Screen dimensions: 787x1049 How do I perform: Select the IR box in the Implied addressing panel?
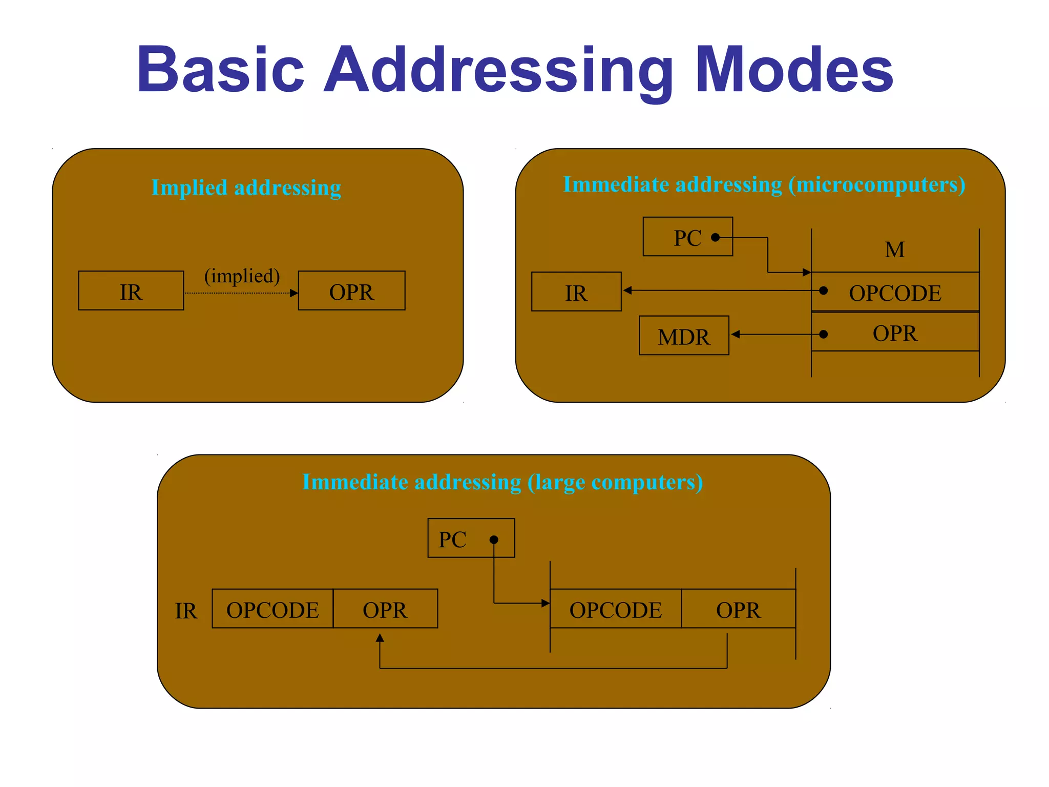(131, 291)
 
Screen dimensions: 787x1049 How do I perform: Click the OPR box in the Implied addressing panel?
(351, 291)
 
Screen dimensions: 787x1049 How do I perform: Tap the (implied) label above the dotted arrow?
(242, 276)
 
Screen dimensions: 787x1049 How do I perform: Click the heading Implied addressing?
(246, 188)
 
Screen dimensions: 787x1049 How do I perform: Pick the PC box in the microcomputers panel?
(687, 237)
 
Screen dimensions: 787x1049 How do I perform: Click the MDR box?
(684, 336)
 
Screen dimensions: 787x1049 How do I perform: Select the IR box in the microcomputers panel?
(576, 292)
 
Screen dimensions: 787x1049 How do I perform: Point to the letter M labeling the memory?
(894, 250)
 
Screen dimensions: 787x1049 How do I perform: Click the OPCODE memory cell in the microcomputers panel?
(895, 292)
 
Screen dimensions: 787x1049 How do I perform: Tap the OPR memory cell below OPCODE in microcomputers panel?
(895, 333)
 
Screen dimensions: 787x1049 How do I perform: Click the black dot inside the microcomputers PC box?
(716, 237)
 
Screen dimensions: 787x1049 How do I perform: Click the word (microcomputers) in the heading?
(876, 184)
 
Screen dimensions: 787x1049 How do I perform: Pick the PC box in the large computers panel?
(471, 538)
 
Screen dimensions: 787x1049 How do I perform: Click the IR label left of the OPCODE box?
(186, 610)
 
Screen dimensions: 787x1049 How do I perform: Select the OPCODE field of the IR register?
(272, 609)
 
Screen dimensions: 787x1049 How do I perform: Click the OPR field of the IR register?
(385, 609)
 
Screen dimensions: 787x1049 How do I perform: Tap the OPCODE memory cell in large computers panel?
(615, 609)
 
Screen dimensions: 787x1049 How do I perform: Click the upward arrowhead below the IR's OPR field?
(380, 638)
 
